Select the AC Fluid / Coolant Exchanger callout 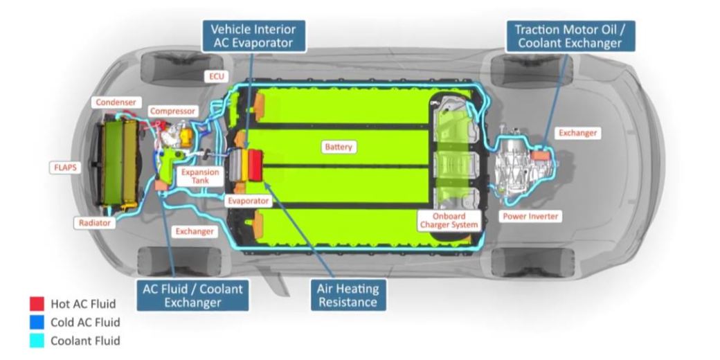click(x=192, y=295)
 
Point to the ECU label click(x=215, y=75)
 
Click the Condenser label click(x=115, y=102)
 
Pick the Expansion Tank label click(x=199, y=176)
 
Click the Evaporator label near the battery click(x=247, y=201)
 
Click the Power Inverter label click(x=530, y=216)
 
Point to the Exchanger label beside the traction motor click(x=577, y=133)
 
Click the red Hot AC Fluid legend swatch click(x=37, y=303)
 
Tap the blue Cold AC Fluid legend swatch click(x=37, y=322)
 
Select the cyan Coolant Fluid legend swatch click(x=37, y=341)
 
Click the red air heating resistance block click(x=255, y=165)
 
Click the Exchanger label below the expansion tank click(x=194, y=231)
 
